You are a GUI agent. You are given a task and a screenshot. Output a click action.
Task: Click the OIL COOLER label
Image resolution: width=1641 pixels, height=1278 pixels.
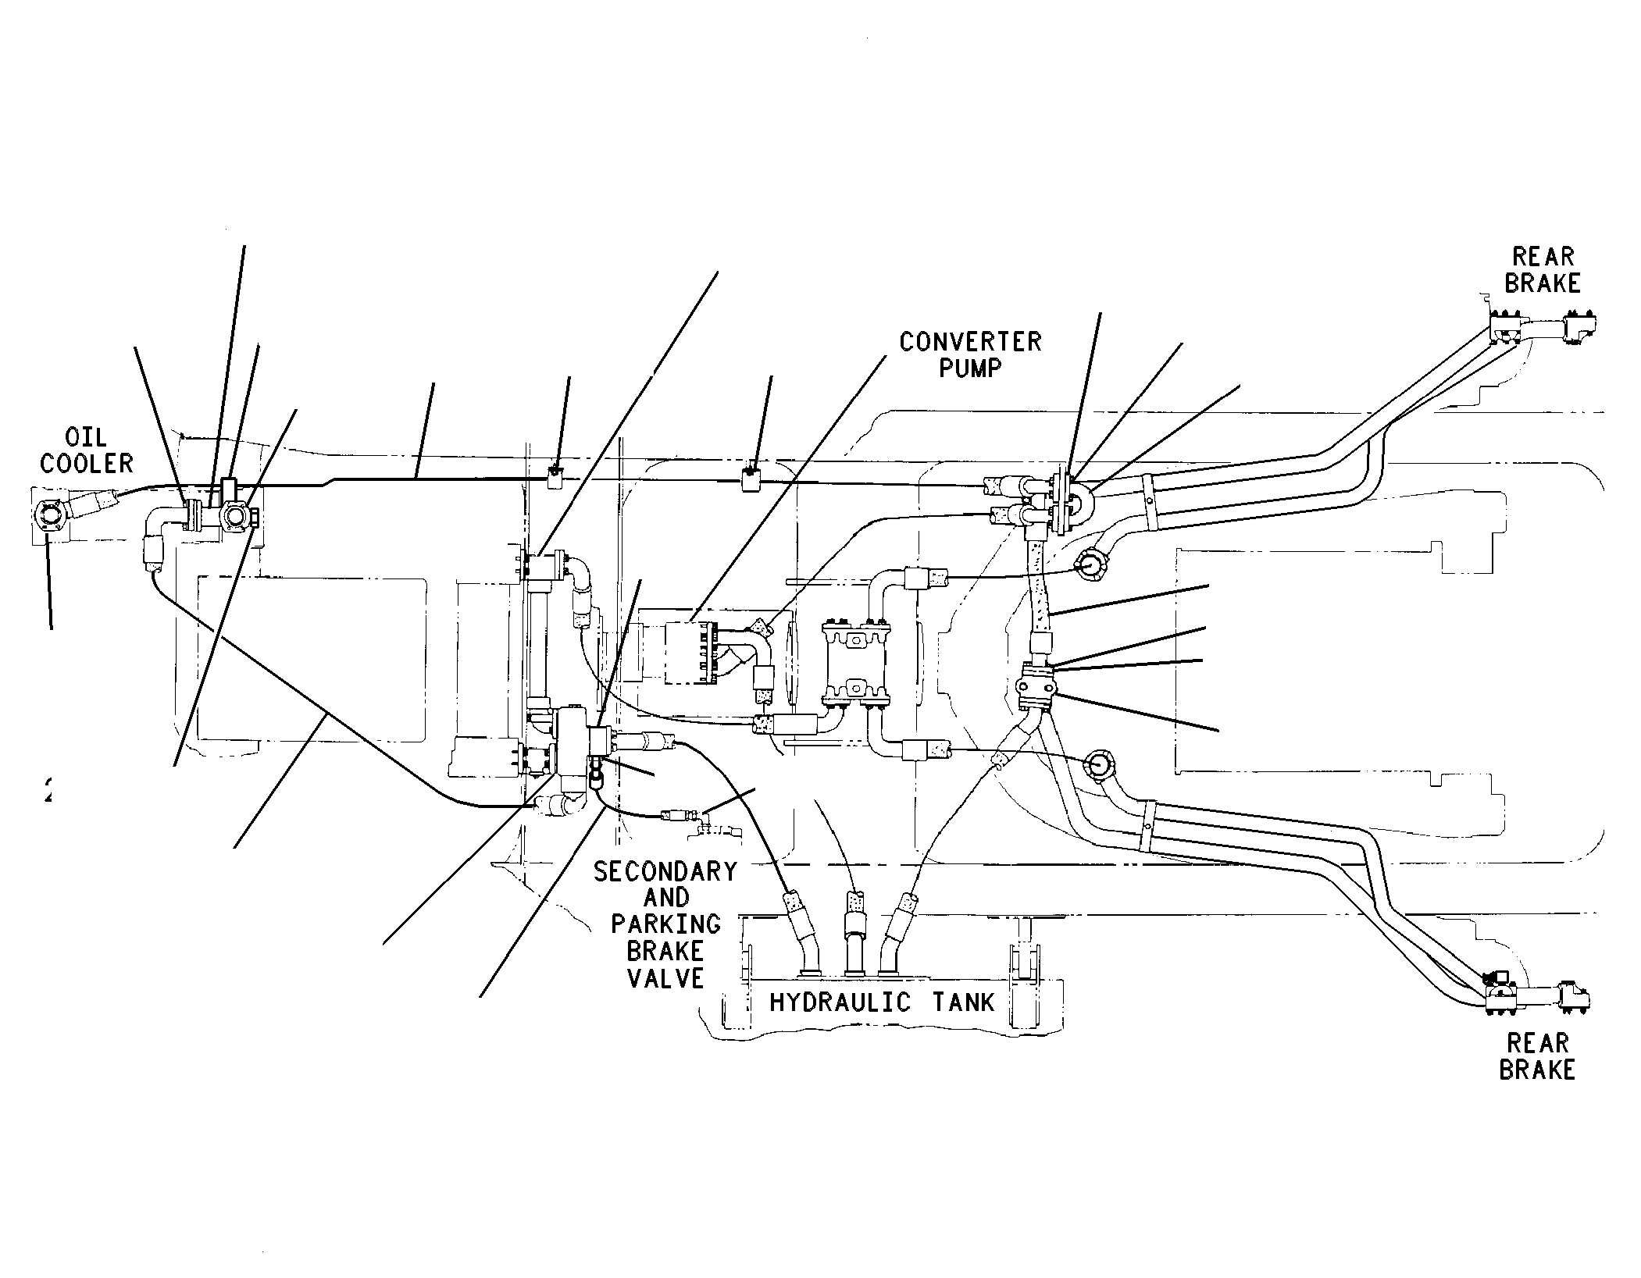(87, 450)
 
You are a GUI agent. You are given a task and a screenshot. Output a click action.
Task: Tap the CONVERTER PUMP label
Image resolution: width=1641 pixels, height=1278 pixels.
(970, 354)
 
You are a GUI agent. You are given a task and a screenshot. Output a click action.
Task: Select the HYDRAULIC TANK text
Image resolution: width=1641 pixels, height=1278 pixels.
(883, 1002)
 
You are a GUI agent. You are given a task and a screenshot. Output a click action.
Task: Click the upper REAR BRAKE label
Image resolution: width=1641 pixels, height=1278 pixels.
(1543, 269)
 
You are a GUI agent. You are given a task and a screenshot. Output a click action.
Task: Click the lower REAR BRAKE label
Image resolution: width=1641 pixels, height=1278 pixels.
(1537, 1056)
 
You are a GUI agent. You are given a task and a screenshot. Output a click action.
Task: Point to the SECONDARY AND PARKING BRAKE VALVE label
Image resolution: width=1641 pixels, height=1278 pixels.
(665, 925)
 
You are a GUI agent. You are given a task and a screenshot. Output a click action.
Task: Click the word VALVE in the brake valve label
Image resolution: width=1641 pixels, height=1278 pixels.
(665, 977)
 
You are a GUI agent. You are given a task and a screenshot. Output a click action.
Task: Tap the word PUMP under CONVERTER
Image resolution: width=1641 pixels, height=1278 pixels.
(970, 368)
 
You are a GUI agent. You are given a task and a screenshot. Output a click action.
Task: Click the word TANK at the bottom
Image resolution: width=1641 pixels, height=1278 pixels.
(964, 1002)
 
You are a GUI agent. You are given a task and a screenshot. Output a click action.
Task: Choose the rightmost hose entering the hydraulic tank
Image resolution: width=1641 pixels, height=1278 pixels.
(898, 933)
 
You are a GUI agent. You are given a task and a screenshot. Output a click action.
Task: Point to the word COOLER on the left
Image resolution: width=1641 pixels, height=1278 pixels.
(87, 464)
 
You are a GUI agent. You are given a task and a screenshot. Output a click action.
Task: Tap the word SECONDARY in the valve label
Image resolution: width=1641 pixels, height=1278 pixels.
(665, 872)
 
